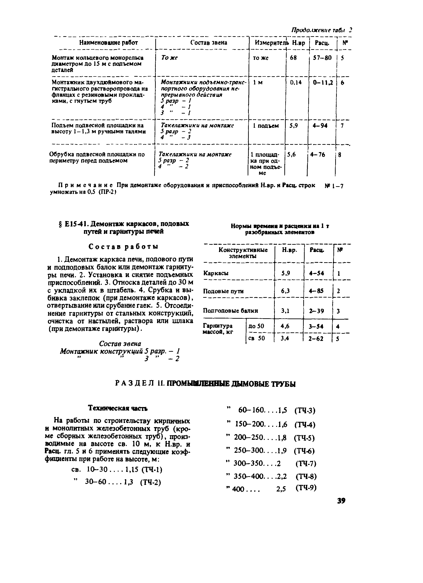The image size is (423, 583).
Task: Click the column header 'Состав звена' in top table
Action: (x=209, y=42)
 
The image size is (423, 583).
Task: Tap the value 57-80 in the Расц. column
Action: (x=322, y=58)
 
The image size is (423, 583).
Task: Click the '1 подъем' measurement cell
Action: (x=266, y=126)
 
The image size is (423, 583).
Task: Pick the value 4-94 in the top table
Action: (x=320, y=126)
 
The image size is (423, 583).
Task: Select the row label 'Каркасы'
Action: (x=216, y=273)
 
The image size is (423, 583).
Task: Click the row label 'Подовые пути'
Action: (x=223, y=291)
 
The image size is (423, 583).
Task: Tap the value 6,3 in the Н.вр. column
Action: (x=285, y=291)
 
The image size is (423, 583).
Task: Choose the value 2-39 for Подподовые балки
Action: (x=317, y=311)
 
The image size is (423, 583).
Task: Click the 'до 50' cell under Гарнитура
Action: (x=256, y=326)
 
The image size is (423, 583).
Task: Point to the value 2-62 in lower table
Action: (x=316, y=339)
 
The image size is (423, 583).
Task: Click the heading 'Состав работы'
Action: (x=123, y=247)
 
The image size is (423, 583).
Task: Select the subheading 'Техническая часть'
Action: (x=118, y=408)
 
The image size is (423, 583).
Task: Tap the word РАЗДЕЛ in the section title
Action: (x=134, y=384)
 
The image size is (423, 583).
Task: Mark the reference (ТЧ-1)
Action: (x=152, y=470)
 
